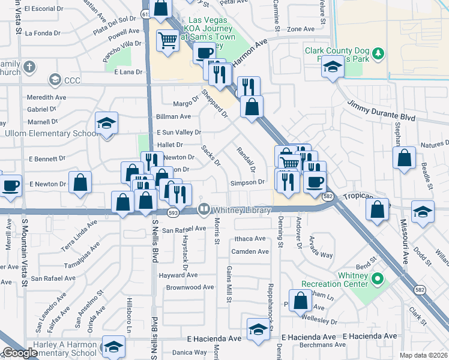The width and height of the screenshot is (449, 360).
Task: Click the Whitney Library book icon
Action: pyautogui.click(x=204, y=209)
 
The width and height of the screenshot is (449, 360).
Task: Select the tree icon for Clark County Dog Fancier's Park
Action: pyautogui.click(x=378, y=54)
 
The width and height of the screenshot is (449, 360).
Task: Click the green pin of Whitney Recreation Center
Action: pyautogui.click(x=378, y=278)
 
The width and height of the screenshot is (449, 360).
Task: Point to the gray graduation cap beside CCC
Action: pyautogui.click(x=55, y=79)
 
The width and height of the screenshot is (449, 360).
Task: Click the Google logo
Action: pyautogui.click(x=20, y=353)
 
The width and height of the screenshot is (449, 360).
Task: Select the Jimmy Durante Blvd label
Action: pyautogui.click(x=381, y=111)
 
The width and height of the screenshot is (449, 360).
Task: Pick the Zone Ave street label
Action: pyautogui.click(x=301, y=29)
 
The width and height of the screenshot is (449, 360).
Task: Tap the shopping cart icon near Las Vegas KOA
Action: pyautogui.click(x=168, y=41)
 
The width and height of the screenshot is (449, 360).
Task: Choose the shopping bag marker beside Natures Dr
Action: pyautogui.click(x=405, y=158)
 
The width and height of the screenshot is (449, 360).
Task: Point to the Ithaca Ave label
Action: pyautogui.click(x=250, y=239)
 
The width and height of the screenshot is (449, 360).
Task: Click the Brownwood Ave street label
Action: pyautogui.click(x=190, y=287)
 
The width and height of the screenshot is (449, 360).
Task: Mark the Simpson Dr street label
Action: pyautogui.click(x=247, y=182)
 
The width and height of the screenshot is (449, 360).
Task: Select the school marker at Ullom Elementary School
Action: pyautogui.click(x=107, y=124)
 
